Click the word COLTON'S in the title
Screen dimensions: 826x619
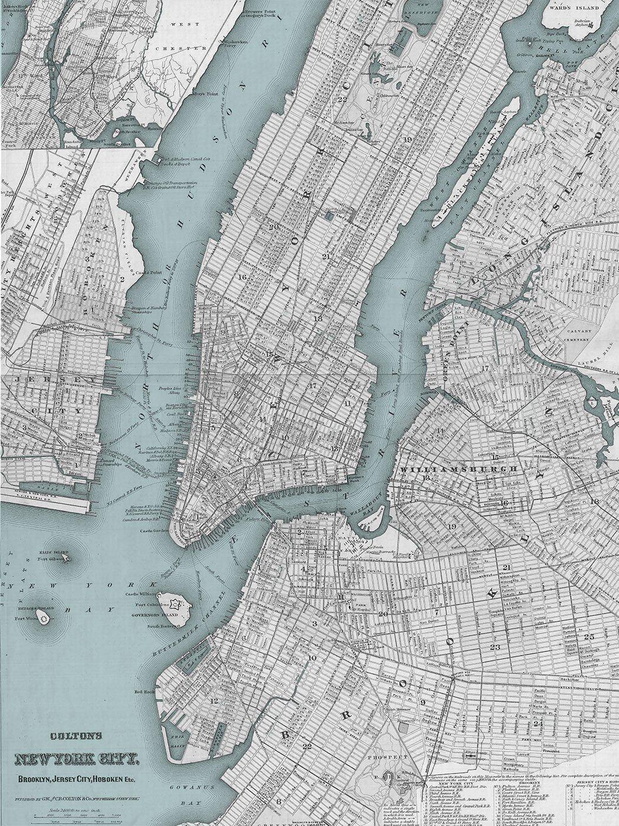(x=77, y=736)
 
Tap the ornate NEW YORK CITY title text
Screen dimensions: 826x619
(x=77, y=758)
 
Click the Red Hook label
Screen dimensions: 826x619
(x=144, y=691)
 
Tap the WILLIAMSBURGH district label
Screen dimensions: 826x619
(x=460, y=469)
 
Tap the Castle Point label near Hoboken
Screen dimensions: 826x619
(x=137, y=272)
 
